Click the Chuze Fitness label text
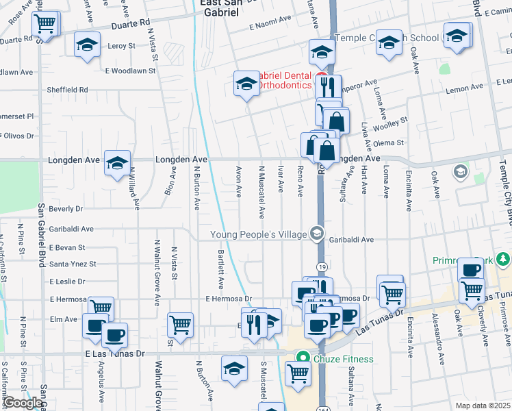coord(344,358)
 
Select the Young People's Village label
coord(258,235)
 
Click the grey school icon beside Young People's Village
coord(316,235)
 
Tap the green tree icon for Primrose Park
coord(504,260)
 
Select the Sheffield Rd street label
coord(67,90)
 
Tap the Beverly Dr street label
coord(66,208)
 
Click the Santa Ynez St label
coord(67,264)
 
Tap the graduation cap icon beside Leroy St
coord(87,45)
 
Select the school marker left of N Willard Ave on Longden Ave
coord(117,162)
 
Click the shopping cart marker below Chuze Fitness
coord(298,373)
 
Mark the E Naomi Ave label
coord(269,26)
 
